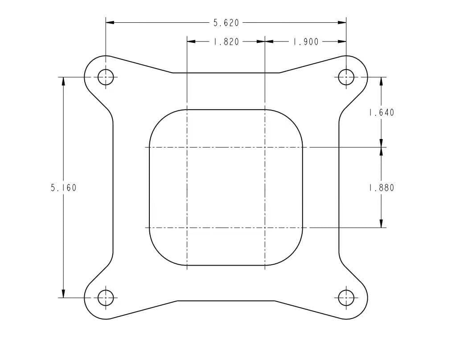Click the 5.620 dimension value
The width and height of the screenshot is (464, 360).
point(226,23)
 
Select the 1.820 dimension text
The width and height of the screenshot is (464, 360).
point(226,42)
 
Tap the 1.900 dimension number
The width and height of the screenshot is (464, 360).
point(306,42)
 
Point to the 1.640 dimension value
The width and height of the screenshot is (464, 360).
point(381,113)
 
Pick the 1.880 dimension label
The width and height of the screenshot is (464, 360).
point(381,188)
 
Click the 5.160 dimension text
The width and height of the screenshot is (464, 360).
point(63,188)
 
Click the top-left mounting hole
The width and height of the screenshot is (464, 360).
point(106,77)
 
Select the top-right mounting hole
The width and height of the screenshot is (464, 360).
point(346,77)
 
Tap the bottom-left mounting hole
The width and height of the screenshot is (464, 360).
point(106,298)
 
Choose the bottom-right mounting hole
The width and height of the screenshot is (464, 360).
point(346,298)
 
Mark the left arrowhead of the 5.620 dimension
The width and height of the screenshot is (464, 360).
point(110,22)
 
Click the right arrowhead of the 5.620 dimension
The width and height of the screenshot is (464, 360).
point(342,22)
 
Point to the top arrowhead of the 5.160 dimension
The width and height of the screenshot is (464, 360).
point(63,81)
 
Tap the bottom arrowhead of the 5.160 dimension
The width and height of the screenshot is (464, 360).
point(63,294)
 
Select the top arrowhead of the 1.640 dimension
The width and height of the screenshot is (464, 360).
point(381,81)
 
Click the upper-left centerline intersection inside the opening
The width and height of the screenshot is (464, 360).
point(187,147)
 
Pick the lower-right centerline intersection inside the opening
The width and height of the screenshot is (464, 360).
point(265,228)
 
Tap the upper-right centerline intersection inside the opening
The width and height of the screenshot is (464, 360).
point(265,147)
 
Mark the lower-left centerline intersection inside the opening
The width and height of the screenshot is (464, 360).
point(187,228)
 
